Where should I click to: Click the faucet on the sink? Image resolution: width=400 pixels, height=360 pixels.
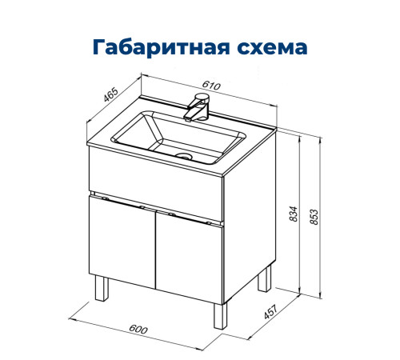[198, 106]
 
